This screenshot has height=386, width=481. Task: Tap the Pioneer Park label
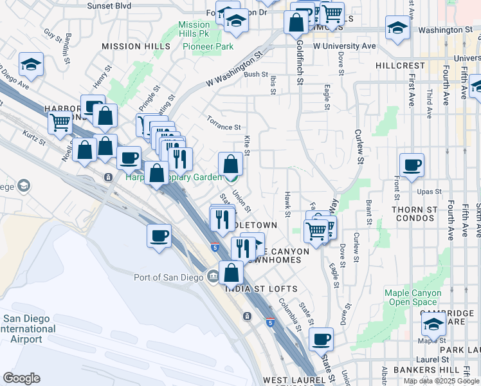pyautogui.click(x=208, y=46)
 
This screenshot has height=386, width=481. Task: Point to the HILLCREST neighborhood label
pyautogui.click(x=400, y=66)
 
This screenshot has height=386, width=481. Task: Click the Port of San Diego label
pyautogui.click(x=168, y=278)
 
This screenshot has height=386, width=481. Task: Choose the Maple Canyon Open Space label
pyautogui.click(x=413, y=297)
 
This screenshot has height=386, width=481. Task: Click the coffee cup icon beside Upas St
pyautogui.click(x=412, y=165)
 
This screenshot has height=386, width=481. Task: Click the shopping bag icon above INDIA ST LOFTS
pyautogui.click(x=231, y=273)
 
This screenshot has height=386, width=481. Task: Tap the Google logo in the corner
pyautogui.click(x=21, y=378)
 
